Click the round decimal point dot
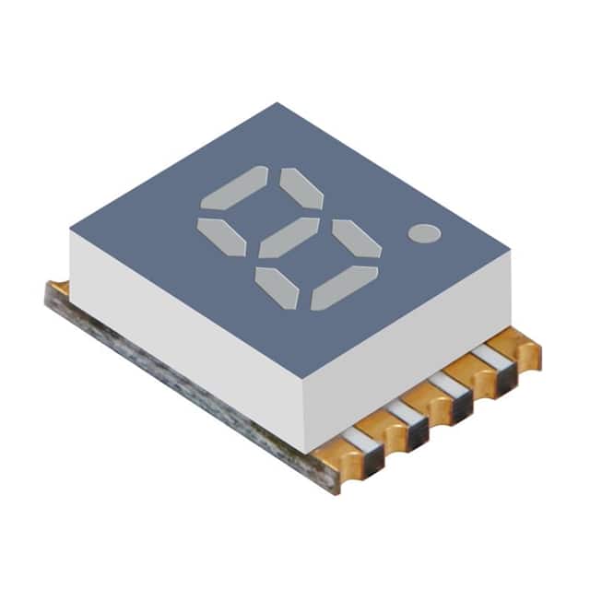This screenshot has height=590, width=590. tap(424, 233)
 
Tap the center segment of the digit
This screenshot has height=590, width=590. tap(289, 238)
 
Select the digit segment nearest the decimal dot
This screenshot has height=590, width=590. tap(356, 239)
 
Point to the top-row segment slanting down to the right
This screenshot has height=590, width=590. tap(301, 188)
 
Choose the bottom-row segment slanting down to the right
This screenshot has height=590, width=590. tap(277, 288)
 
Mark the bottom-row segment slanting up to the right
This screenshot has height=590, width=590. tap(344, 287)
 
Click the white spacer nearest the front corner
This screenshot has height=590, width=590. tap(364, 441)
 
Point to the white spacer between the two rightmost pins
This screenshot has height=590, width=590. tap(489, 357)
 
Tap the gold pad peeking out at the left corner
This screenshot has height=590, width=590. tap(57, 289)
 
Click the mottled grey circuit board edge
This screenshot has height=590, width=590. tap(184, 387)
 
